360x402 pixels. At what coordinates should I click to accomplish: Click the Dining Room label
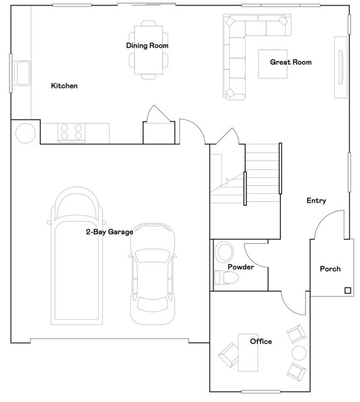coord(147,45)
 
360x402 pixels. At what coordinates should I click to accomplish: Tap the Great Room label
coord(290,62)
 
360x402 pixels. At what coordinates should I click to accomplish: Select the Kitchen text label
coord(64,85)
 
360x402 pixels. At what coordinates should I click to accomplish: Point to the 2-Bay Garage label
coord(109,232)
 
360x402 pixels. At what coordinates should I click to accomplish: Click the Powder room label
coord(241,267)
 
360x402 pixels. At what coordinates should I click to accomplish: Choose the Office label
coord(261,341)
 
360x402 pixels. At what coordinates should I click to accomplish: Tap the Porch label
coord(330,269)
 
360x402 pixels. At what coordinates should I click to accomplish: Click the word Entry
coord(316,200)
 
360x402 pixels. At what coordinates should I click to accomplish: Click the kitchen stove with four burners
coord(71,131)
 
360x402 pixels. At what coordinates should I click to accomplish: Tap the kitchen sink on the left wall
coord(23,72)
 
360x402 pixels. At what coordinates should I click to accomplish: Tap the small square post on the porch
coord(346,290)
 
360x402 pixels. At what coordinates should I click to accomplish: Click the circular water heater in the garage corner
coord(26,133)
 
